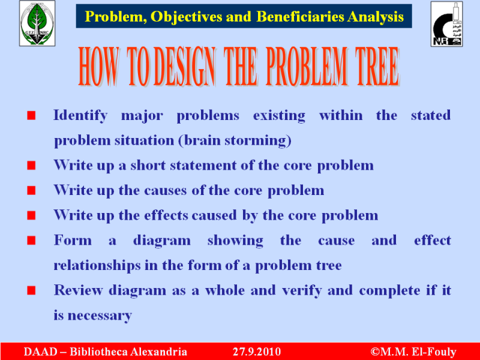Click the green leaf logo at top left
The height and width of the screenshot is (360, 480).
click(37, 23)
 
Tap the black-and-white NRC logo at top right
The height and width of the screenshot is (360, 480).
click(446, 24)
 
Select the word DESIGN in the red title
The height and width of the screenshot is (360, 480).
click(184, 66)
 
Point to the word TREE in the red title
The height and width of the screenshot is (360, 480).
click(377, 66)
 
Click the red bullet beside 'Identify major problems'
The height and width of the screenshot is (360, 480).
click(31, 115)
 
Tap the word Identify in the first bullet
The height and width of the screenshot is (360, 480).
click(80, 116)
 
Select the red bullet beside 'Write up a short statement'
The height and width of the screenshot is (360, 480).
click(31, 166)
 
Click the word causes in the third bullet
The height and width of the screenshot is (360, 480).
click(166, 190)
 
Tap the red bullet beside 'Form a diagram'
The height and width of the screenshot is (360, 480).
click(31, 241)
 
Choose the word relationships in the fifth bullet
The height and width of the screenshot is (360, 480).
click(97, 265)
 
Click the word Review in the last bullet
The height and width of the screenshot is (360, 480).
click(79, 290)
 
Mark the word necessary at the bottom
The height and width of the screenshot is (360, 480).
click(100, 316)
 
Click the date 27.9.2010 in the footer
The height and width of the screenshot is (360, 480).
click(257, 352)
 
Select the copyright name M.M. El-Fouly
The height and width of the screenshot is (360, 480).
click(418, 352)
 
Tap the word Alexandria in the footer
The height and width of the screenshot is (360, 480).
click(158, 352)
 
